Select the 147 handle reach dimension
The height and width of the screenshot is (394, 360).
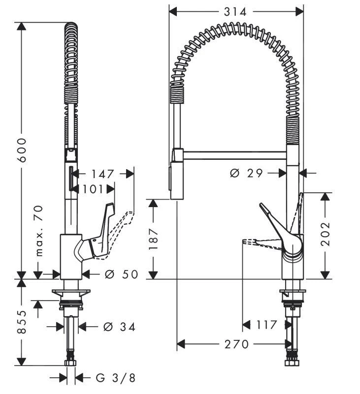click(102, 174)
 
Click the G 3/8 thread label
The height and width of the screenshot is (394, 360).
click(115, 378)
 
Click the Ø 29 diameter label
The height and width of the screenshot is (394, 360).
click(247, 173)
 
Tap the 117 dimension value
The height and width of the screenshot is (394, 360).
click(267, 325)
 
